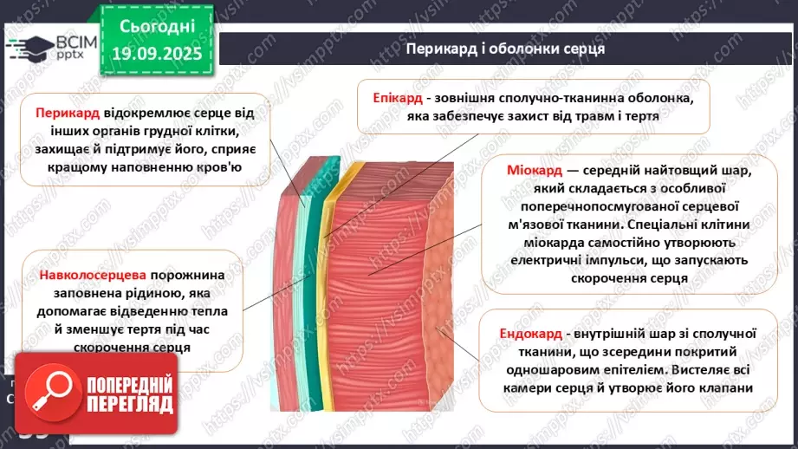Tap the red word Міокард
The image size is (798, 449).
click(535, 170)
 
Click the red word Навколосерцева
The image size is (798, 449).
click(87, 276)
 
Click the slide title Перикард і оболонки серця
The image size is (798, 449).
click(505, 49)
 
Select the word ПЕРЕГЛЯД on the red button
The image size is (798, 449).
click(130, 405)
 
